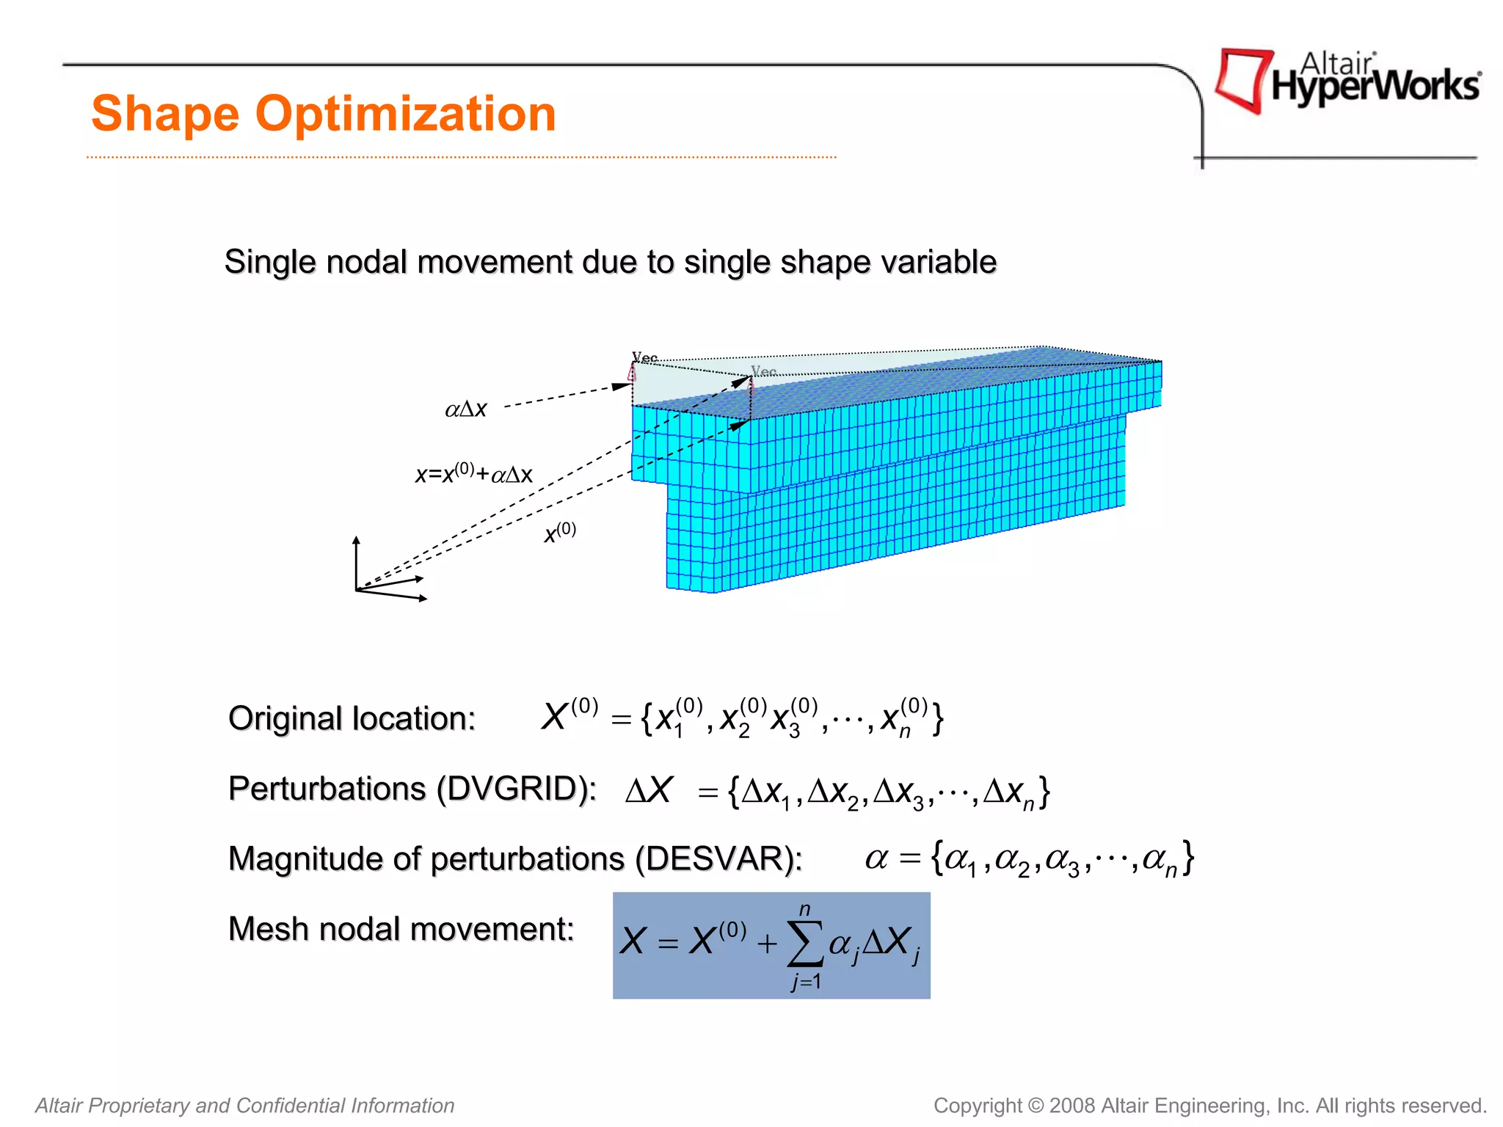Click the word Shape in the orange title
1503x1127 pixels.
tap(164, 114)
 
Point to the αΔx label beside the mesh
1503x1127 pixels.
tap(466, 409)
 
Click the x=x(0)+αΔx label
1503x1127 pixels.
tap(474, 473)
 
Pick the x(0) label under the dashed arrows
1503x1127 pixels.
tap(559, 532)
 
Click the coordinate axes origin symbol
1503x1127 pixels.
tap(357, 589)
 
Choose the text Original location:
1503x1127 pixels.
tap(352, 718)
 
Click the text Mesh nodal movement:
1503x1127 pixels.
tap(401, 929)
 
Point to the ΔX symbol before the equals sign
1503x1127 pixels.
tap(649, 791)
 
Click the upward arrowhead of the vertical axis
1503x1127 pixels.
tap(356, 541)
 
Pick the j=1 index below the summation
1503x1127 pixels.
tap(806, 982)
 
